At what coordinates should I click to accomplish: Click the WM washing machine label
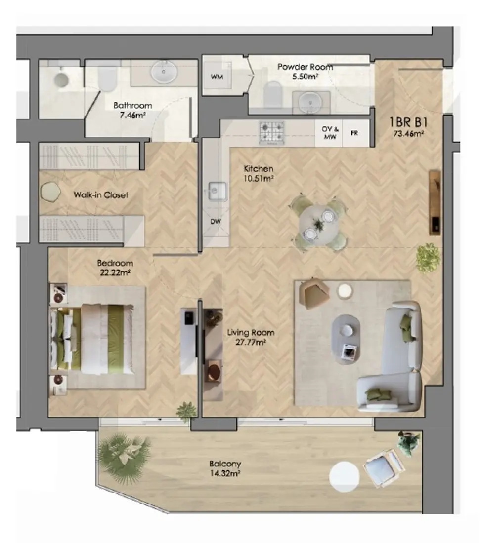click(x=216, y=77)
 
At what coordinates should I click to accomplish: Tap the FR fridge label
click(x=354, y=133)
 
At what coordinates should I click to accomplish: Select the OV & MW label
click(x=329, y=133)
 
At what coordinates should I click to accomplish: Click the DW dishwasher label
click(x=216, y=222)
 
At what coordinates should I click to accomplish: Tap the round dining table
click(x=319, y=225)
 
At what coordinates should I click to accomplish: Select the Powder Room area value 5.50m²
click(x=305, y=77)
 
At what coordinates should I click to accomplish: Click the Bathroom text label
click(x=132, y=105)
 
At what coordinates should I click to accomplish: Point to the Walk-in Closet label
click(x=101, y=195)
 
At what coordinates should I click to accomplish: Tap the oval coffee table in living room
click(x=350, y=333)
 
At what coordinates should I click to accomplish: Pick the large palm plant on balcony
click(x=124, y=454)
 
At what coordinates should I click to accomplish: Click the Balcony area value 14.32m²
click(x=224, y=473)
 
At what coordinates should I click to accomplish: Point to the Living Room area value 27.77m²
click(x=251, y=342)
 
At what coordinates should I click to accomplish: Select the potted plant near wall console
click(x=428, y=257)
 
